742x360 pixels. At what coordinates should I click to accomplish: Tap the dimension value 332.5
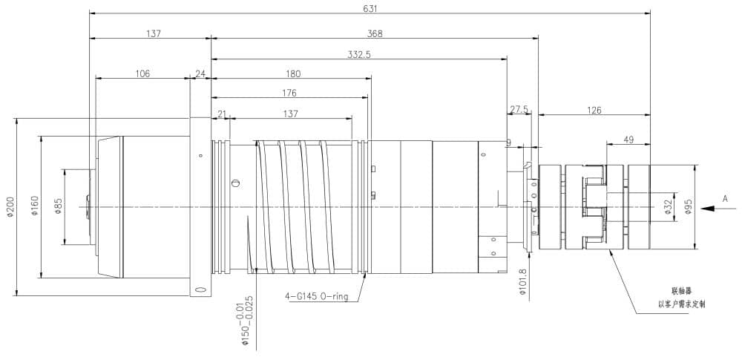pos(359,54)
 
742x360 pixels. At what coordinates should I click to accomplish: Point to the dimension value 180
pos(293,73)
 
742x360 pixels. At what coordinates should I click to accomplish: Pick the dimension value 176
pos(289,93)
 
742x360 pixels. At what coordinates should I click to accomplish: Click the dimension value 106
pos(143,73)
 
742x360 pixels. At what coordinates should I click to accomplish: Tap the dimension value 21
pos(221,114)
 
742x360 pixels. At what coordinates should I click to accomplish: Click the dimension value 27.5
pos(519,109)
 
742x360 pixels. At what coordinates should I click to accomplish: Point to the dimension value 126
pos(594,110)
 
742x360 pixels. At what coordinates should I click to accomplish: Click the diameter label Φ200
pos(9,207)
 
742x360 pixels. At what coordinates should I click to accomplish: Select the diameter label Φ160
pos(34,207)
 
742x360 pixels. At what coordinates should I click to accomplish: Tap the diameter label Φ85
pos(57,207)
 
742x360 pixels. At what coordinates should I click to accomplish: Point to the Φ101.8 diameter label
pos(523,283)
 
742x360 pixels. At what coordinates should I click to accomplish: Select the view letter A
pos(725,198)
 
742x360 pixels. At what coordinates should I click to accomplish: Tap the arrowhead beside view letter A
pos(708,209)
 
